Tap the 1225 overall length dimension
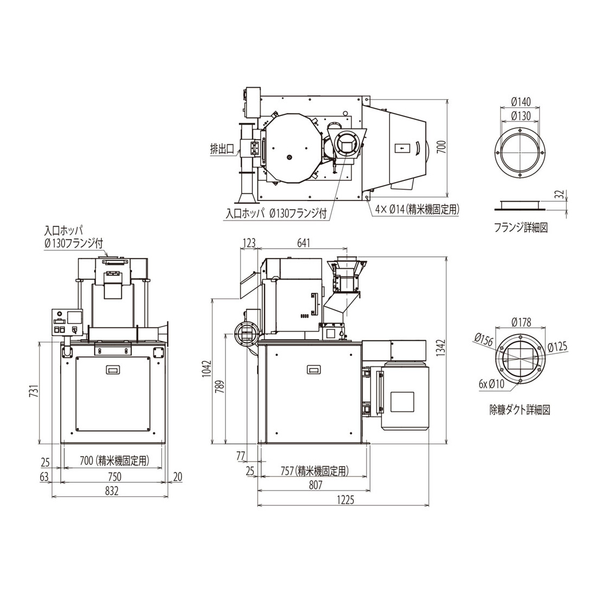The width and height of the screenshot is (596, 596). click(x=345, y=500)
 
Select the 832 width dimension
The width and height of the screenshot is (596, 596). click(x=112, y=491)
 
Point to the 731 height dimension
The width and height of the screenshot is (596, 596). click(x=34, y=392)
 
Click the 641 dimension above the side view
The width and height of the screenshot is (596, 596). click(x=303, y=243)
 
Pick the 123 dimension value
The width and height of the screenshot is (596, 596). click(x=249, y=243)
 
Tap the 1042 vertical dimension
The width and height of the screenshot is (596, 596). click(x=206, y=368)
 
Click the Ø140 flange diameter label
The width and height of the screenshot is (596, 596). click(x=521, y=101)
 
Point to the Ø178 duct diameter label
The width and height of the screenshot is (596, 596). click(x=521, y=322)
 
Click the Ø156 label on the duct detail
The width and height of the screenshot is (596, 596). click(x=484, y=340)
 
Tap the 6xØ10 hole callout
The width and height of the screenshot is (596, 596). click(x=491, y=384)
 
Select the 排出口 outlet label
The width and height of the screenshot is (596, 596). click(x=222, y=148)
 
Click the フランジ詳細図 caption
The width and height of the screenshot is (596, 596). click(x=520, y=228)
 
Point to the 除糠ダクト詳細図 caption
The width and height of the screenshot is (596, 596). click(x=520, y=410)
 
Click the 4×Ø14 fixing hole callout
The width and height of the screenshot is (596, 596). click(x=417, y=209)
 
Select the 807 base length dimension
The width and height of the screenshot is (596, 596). click(x=315, y=484)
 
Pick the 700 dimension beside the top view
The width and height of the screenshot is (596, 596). click(x=441, y=147)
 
